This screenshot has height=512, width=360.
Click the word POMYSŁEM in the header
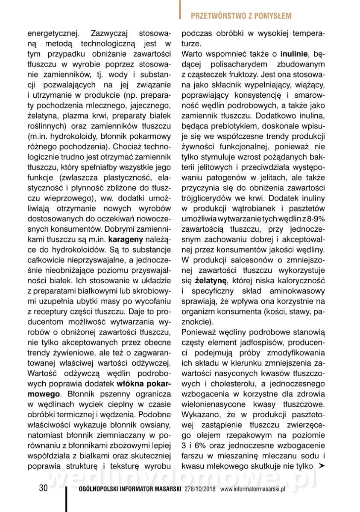(x=272, y=16)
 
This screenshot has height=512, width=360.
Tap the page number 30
(x=43, y=488)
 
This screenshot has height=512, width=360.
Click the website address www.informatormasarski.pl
(x=252, y=489)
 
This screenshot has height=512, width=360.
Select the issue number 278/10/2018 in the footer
(x=201, y=489)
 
